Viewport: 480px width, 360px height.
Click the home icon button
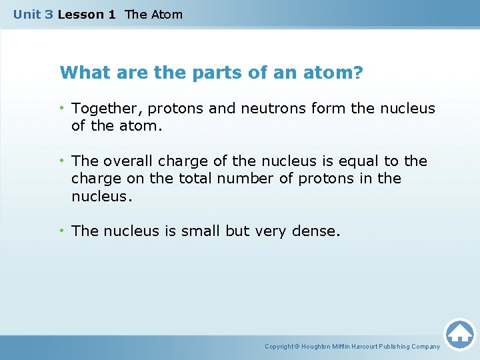click(x=459, y=334)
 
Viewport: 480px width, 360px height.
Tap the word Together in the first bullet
click(x=102, y=109)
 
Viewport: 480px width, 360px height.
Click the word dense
click(x=317, y=231)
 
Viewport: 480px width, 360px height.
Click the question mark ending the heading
click(x=359, y=72)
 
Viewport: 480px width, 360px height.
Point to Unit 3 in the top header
click(x=33, y=14)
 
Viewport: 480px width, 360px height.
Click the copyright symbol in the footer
click(x=297, y=347)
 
